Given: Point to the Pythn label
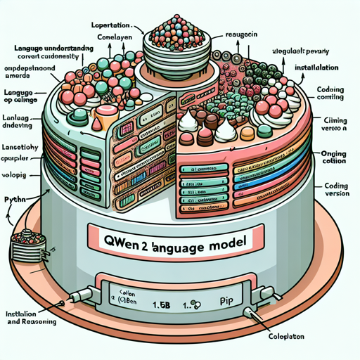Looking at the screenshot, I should (20, 200).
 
